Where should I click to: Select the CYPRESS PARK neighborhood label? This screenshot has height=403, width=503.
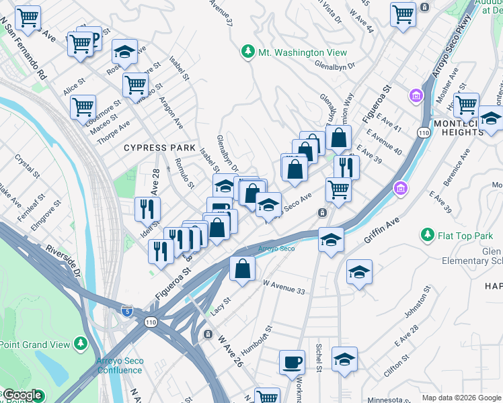pos(159,147)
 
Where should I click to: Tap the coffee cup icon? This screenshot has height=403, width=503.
pos(292,362)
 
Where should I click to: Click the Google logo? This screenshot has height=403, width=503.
pos(22,396)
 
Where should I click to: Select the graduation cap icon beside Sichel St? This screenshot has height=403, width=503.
pos(344,359)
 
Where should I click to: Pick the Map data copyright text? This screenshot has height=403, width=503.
pos(461,398)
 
